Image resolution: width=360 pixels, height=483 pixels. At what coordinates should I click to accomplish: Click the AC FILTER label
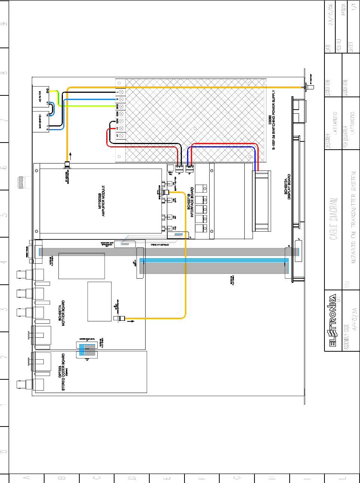(x=40, y=97)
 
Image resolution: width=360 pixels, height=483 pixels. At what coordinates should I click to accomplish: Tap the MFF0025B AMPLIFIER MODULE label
(x=101, y=201)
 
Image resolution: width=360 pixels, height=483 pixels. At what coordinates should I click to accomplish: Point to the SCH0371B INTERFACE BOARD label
(x=190, y=202)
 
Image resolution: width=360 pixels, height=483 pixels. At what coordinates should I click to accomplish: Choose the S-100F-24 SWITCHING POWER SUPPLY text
(x=274, y=120)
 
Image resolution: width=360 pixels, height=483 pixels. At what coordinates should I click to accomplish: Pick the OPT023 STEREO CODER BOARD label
(x=62, y=372)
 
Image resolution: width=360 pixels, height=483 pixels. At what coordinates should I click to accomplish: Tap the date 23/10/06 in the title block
(x=330, y=15)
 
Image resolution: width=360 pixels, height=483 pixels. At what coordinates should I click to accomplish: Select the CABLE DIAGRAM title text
(x=333, y=219)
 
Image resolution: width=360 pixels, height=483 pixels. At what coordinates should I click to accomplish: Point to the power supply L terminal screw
(x=121, y=92)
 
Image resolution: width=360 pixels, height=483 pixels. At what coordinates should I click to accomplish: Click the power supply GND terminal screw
(x=121, y=106)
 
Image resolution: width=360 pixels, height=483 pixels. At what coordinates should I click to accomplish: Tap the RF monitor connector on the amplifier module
(x=67, y=165)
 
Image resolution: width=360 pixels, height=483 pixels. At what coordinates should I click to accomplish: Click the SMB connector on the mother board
(x=119, y=319)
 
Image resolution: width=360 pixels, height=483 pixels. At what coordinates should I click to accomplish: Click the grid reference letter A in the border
(x=26, y=478)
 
